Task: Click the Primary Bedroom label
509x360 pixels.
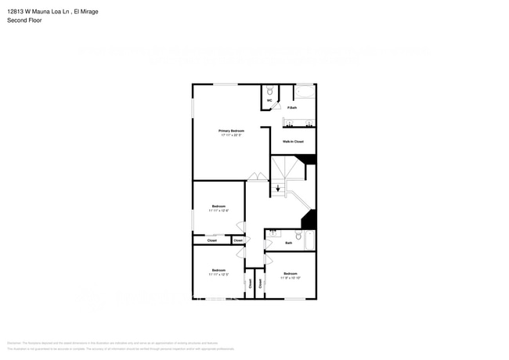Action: pyautogui.click(x=230, y=131)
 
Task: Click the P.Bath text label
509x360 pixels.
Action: pyautogui.click(x=291, y=107)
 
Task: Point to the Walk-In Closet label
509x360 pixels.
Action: pyautogui.click(x=293, y=142)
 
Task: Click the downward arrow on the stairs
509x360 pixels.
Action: pyautogui.click(x=277, y=188)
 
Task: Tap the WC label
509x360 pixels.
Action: pyautogui.click(x=269, y=101)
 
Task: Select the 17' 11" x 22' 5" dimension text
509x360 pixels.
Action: pyautogui.click(x=230, y=135)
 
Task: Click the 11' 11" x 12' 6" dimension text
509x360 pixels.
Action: pyautogui.click(x=218, y=211)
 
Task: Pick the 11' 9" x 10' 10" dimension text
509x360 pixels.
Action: pyautogui.click(x=290, y=278)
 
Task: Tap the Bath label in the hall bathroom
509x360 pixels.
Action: pyautogui.click(x=289, y=243)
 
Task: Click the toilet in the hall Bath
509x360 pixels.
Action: pyautogui.click(x=298, y=236)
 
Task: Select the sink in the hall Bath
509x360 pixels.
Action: pyautogui.click(x=273, y=232)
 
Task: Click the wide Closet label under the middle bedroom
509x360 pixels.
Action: pyautogui.click(x=212, y=240)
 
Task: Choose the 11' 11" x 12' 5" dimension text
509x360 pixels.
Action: pyautogui.click(x=218, y=275)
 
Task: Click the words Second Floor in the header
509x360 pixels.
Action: pyautogui.click(x=24, y=20)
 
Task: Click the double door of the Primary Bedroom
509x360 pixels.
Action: pyautogui.click(x=256, y=178)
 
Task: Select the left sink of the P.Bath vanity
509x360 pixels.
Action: pyautogui.click(x=289, y=123)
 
